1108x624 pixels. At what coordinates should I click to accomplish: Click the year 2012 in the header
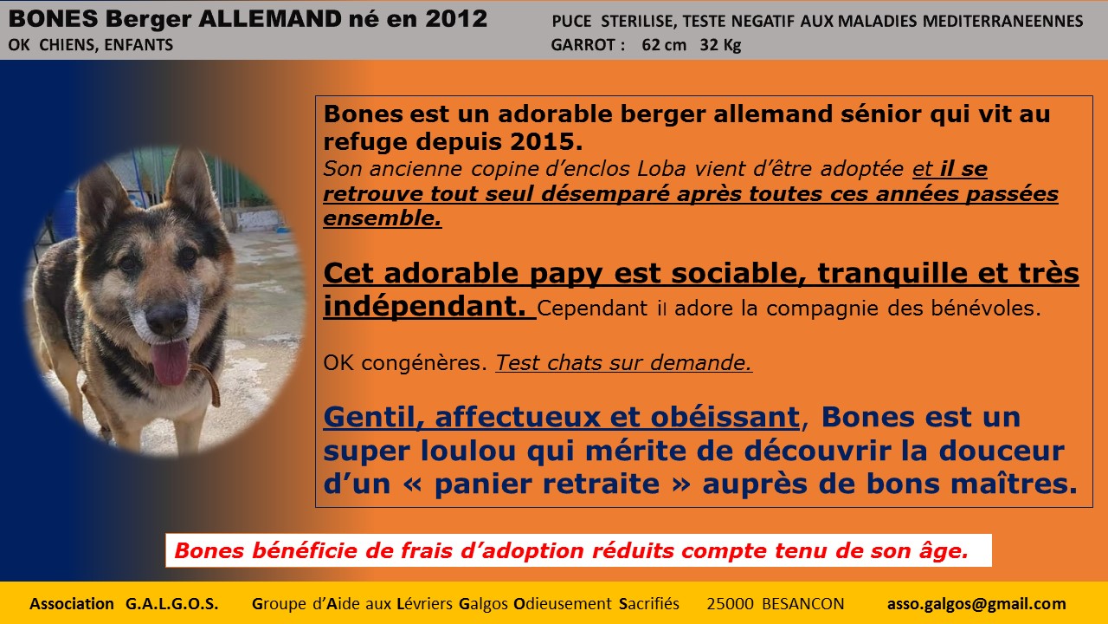456,19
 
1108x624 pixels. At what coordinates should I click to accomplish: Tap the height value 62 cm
664,45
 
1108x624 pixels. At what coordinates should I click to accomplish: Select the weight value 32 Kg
720,45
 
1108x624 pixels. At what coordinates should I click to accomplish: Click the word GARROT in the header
583,45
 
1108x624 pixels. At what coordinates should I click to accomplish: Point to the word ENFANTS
138,45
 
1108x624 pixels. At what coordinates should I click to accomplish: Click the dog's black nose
166,317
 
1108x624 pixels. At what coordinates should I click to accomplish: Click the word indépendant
424,306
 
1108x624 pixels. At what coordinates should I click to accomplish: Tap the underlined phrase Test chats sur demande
624,362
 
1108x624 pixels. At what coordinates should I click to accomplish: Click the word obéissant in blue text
725,417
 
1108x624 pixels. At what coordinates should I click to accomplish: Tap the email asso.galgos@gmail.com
976,604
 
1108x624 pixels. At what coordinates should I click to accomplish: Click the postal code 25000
730,604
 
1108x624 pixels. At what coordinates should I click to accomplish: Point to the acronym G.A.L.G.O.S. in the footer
171,604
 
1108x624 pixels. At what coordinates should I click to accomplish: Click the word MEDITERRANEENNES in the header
1002,22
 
